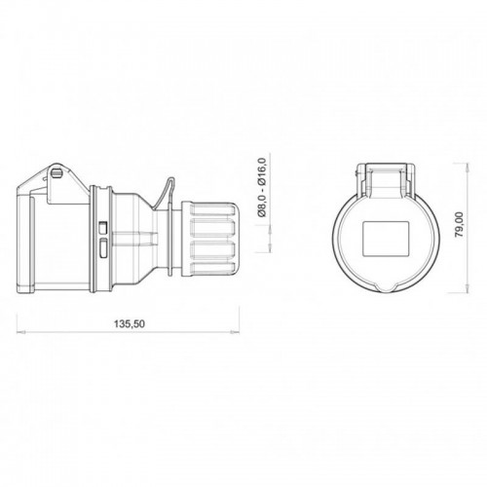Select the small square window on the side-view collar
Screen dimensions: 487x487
104,227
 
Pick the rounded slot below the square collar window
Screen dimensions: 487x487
104,248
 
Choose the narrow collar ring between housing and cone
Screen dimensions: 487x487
94,239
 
